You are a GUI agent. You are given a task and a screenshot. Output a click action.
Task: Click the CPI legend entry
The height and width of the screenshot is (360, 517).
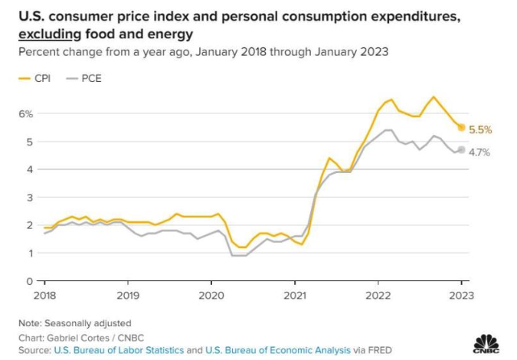click(x=38, y=78)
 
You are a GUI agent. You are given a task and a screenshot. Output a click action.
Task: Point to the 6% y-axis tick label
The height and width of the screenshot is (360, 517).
click(x=26, y=113)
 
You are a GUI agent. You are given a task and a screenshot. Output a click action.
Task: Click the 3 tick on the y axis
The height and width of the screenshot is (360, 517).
click(x=29, y=197)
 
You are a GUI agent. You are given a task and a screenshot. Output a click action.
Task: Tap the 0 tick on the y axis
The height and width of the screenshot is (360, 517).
click(x=29, y=281)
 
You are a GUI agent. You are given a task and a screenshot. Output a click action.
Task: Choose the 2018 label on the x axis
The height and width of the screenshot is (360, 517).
click(x=45, y=294)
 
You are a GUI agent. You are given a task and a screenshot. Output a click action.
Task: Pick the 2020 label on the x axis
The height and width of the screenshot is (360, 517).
click(x=211, y=294)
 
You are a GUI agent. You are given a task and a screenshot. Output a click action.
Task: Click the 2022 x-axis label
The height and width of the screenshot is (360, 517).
click(x=378, y=294)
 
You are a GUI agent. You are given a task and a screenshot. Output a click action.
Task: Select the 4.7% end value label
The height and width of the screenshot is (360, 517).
click(x=479, y=152)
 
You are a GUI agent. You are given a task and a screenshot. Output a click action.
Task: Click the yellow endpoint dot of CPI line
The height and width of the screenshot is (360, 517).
click(x=461, y=127)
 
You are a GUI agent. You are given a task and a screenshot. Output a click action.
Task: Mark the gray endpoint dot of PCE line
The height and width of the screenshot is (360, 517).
click(x=461, y=150)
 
